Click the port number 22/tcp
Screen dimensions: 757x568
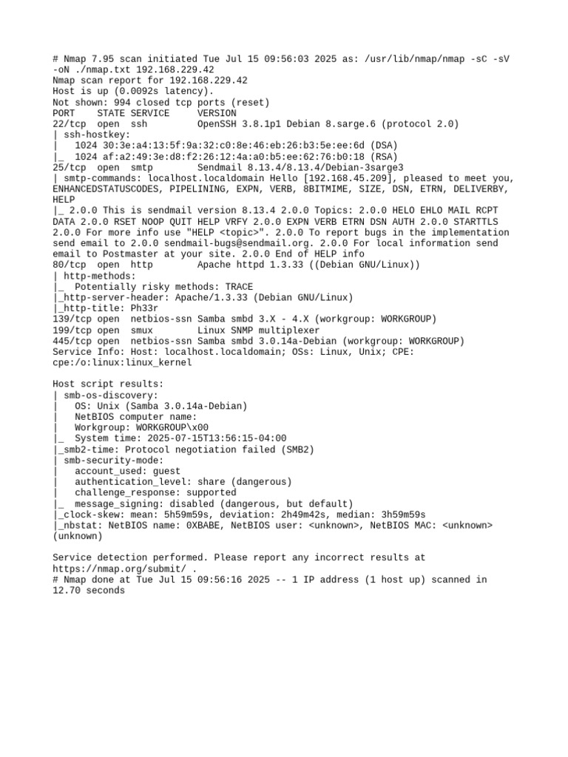[70, 124]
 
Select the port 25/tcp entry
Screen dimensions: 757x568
[70, 168]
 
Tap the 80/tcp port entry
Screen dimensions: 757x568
[70, 265]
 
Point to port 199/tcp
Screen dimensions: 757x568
[72, 330]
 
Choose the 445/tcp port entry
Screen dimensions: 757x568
[72, 341]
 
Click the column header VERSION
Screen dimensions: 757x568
[217, 113]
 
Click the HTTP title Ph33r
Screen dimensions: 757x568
[145, 308]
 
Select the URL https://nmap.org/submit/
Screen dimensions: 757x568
[120, 569]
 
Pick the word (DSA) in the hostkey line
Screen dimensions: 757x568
[384, 146]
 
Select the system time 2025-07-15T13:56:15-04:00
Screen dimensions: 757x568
[209, 438]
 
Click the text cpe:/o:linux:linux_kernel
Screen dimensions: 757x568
[122, 362]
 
